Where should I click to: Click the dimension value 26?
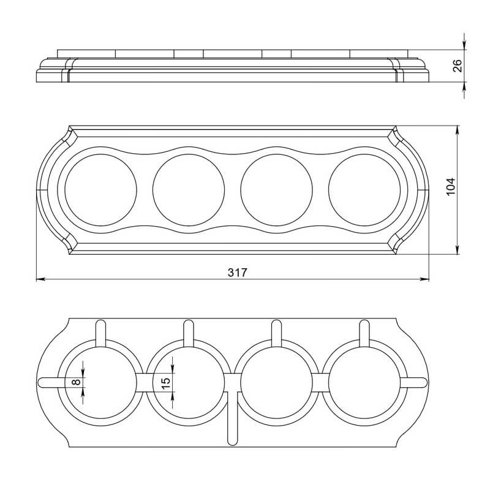[x=457, y=66]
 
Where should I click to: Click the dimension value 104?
[x=451, y=187]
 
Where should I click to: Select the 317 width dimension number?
[x=237, y=273]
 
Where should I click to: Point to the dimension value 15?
[x=166, y=383]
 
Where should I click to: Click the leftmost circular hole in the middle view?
[x=100, y=190]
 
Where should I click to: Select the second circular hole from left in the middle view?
[x=189, y=190]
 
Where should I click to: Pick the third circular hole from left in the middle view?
[x=276, y=190]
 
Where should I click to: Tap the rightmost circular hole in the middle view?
[x=364, y=190]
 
